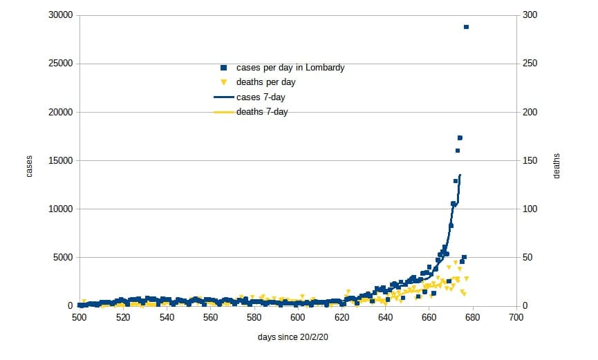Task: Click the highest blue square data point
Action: [466, 27]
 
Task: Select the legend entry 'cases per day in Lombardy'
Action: [290, 68]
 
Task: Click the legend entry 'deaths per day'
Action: [266, 82]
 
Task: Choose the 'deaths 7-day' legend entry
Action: [262, 112]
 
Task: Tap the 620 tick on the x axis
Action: [342, 318]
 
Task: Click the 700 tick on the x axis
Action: [516, 318]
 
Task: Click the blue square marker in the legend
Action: [224, 68]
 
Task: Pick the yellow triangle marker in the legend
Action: [224, 82]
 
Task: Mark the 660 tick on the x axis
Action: [429, 318]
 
